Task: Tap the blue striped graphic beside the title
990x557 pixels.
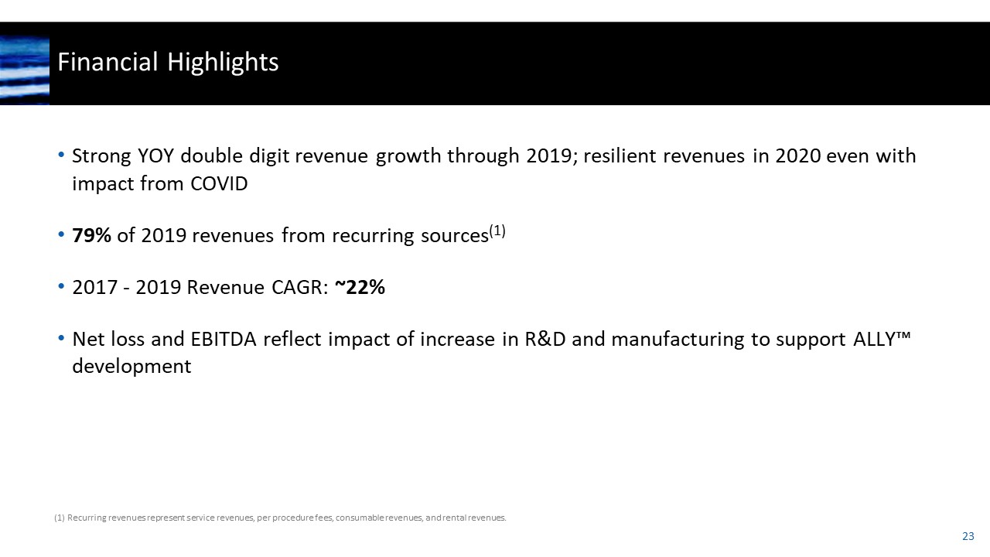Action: pos(25,70)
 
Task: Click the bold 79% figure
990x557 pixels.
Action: pos(92,236)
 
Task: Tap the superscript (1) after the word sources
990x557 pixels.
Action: pos(497,231)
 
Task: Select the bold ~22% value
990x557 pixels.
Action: pos(360,288)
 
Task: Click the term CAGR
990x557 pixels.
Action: pos(302,288)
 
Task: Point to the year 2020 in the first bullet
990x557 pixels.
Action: pos(798,156)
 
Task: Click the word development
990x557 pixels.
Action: pos(131,367)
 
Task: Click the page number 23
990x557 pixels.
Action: pos(968,536)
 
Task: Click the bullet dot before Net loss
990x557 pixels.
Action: pos(61,340)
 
